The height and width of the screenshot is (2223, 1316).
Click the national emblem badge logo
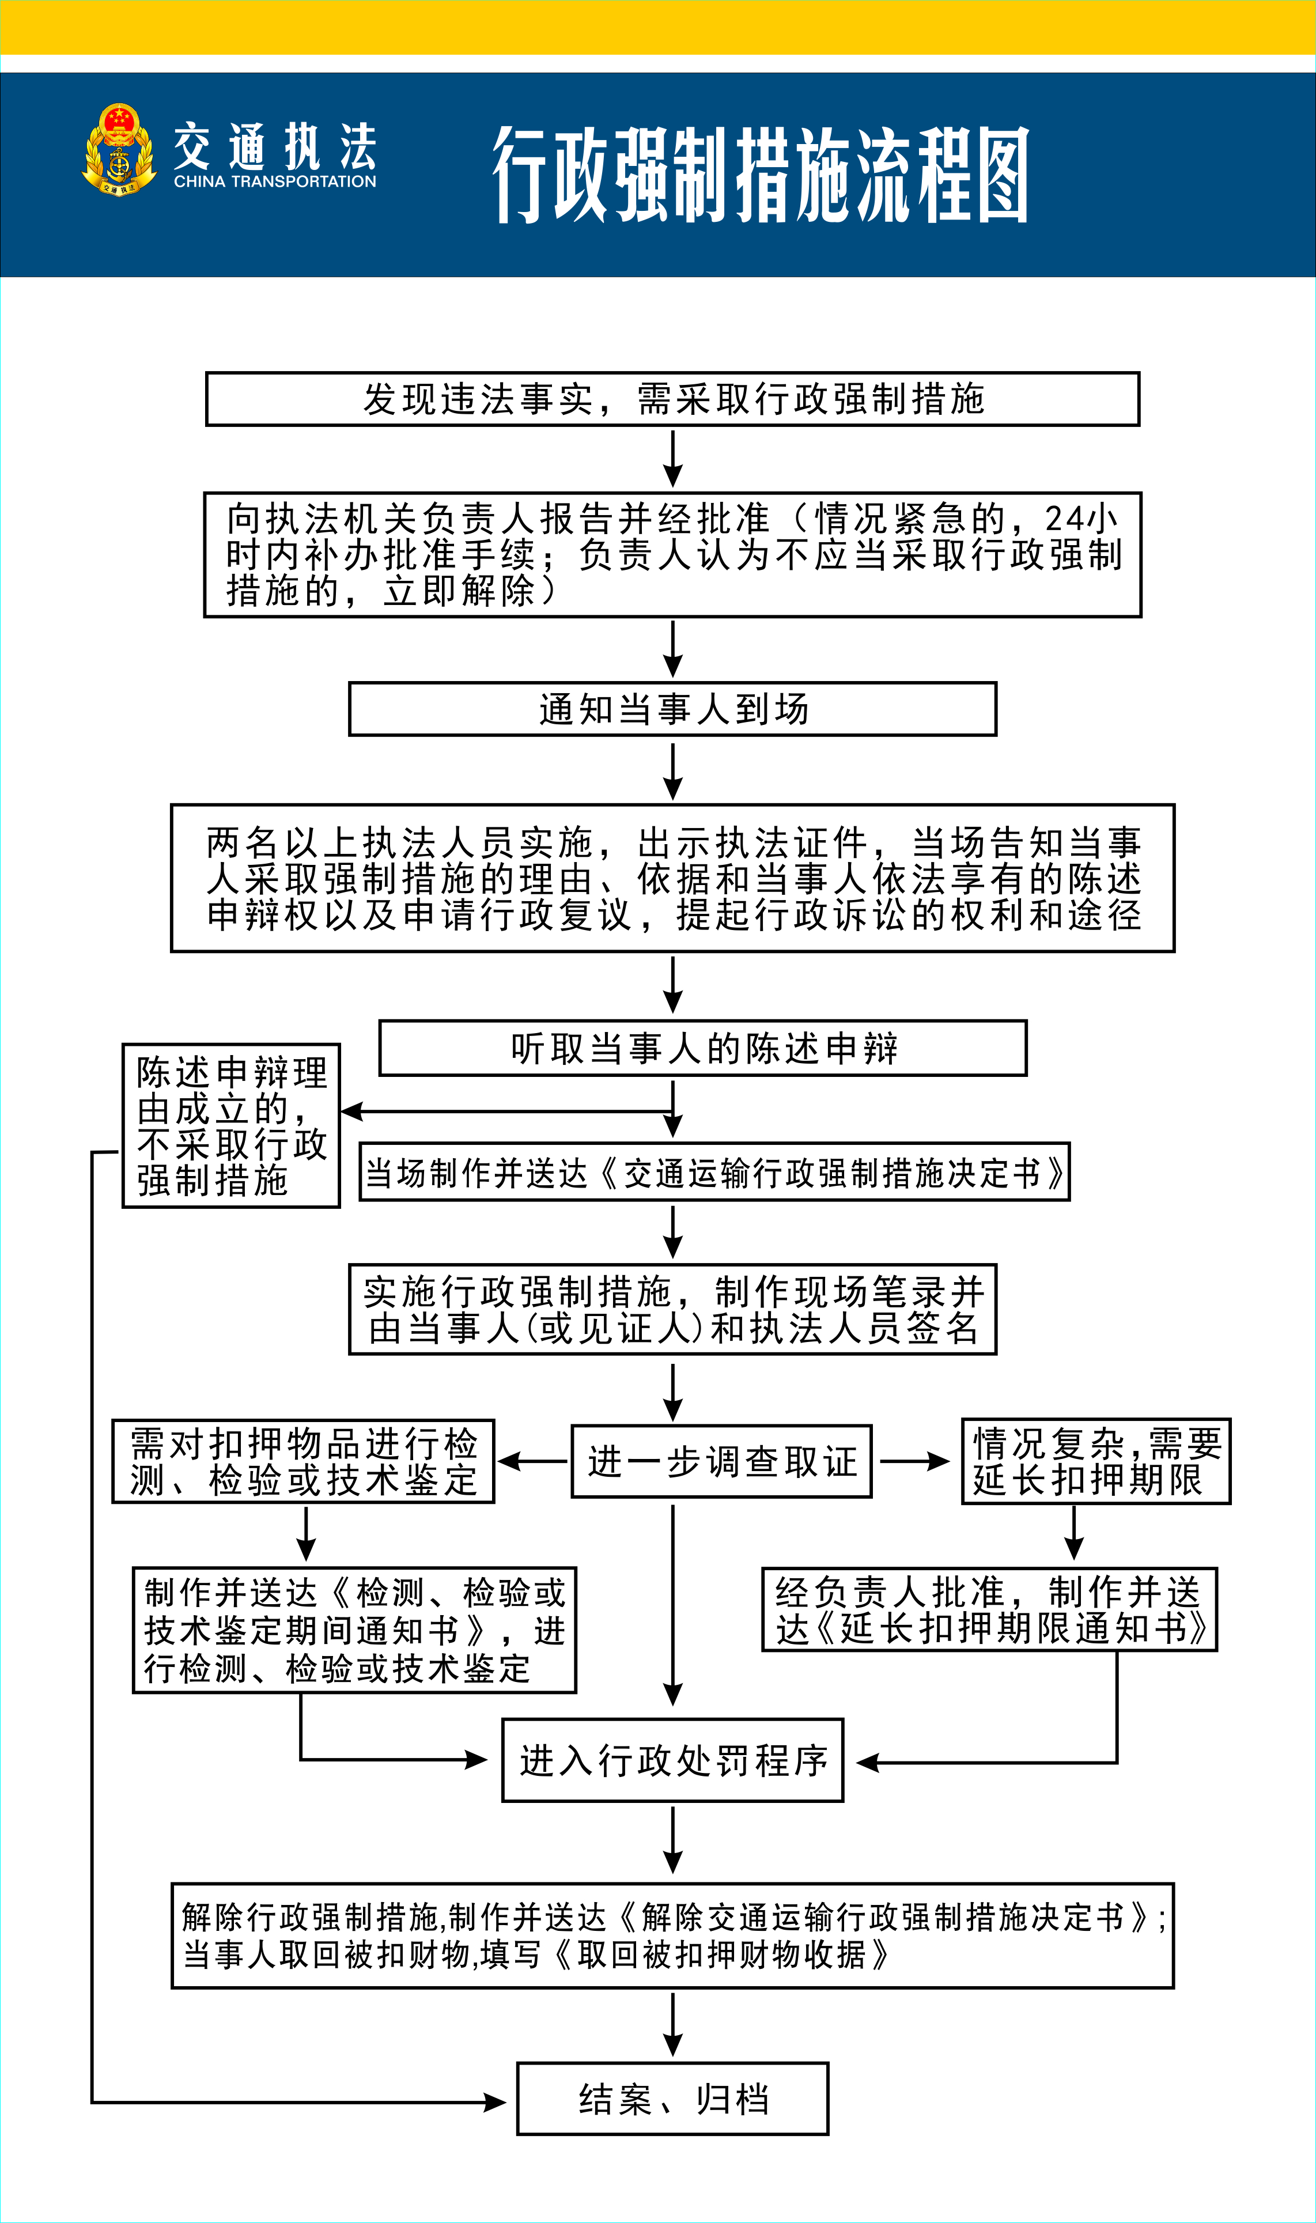[x=119, y=149]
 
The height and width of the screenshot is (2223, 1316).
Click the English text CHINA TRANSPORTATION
[x=275, y=182]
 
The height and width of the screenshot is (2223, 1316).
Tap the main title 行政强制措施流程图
[x=761, y=174]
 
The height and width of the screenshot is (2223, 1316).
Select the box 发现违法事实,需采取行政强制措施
[x=672, y=399]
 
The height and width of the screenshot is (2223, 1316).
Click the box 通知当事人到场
[x=672, y=709]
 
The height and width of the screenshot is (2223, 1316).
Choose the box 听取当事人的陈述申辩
[x=702, y=1048]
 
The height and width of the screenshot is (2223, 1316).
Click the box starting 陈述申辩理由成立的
[x=230, y=1125]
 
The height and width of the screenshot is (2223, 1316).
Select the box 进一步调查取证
[x=721, y=1461]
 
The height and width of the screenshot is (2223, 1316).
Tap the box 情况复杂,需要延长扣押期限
[x=1096, y=1461]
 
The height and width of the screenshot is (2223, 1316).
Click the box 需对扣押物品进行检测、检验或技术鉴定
[x=302, y=1461]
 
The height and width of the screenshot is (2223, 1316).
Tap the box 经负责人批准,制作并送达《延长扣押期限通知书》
[x=989, y=1609]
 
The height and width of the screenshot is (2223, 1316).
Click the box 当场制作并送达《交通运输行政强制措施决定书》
[x=714, y=1172]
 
